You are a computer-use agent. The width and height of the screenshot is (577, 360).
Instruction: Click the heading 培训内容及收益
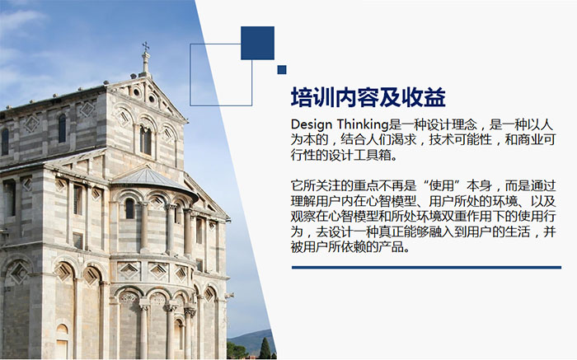[x=368, y=97]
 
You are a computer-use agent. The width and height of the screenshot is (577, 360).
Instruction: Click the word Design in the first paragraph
[x=311, y=125]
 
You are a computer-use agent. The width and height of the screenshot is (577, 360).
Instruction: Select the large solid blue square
[x=257, y=43]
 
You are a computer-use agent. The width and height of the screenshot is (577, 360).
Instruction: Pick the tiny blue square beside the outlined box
[x=282, y=70]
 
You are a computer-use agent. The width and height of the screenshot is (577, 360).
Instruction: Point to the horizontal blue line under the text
[x=426, y=268]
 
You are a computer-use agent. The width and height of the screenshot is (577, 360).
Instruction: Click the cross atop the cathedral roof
[x=146, y=46]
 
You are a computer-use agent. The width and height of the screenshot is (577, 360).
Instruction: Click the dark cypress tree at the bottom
[x=265, y=348]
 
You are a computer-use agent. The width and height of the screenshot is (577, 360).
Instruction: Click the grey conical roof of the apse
[x=150, y=177]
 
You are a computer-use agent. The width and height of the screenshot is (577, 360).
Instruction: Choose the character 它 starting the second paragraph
[x=297, y=185]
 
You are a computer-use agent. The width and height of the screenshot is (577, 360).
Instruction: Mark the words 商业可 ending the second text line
[x=537, y=140]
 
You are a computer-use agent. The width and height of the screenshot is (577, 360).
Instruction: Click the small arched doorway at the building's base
[x=62, y=341]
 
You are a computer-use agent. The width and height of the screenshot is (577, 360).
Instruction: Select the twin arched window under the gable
[x=145, y=140]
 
